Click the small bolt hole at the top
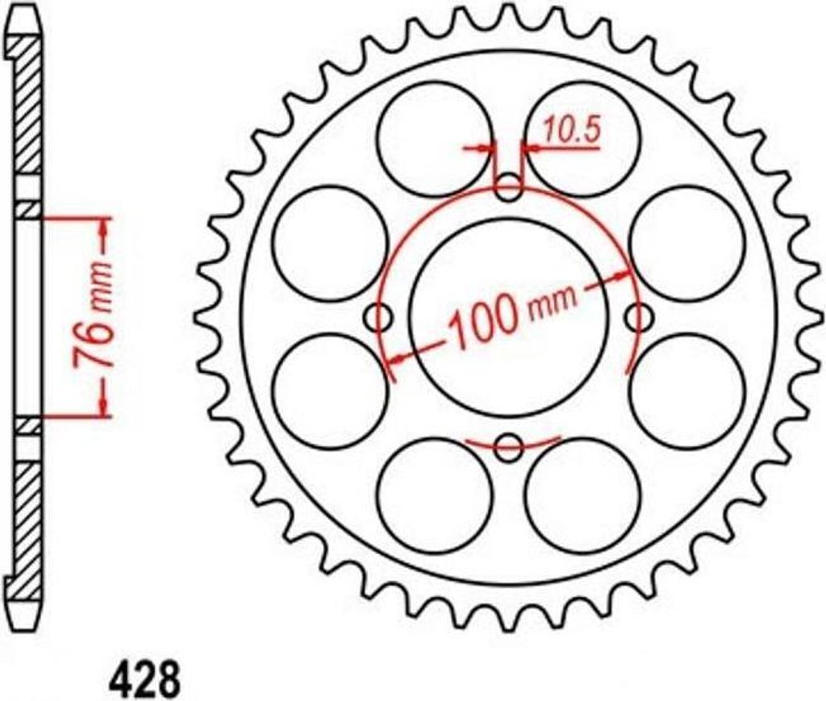pyautogui.click(x=508, y=191)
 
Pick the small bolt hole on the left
pyautogui.click(x=378, y=319)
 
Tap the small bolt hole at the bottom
pyautogui.click(x=508, y=448)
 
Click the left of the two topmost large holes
pyautogui.click(x=434, y=138)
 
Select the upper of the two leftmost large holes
pyautogui.click(x=330, y=243)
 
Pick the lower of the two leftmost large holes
pyautogui.click(x=330, y=391)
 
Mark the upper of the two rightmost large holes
pyautogui.click(x=686, y=243)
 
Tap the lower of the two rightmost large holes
pyautogui.click(x=686, y=391)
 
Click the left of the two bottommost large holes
pyautogui.click(x=434, y=495)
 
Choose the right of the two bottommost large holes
pyautogui.click(x=582, y=495)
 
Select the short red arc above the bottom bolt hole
pyautogui.click(x=513, y=441)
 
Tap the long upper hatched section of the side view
pyautogui.click(x=29, y=113)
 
